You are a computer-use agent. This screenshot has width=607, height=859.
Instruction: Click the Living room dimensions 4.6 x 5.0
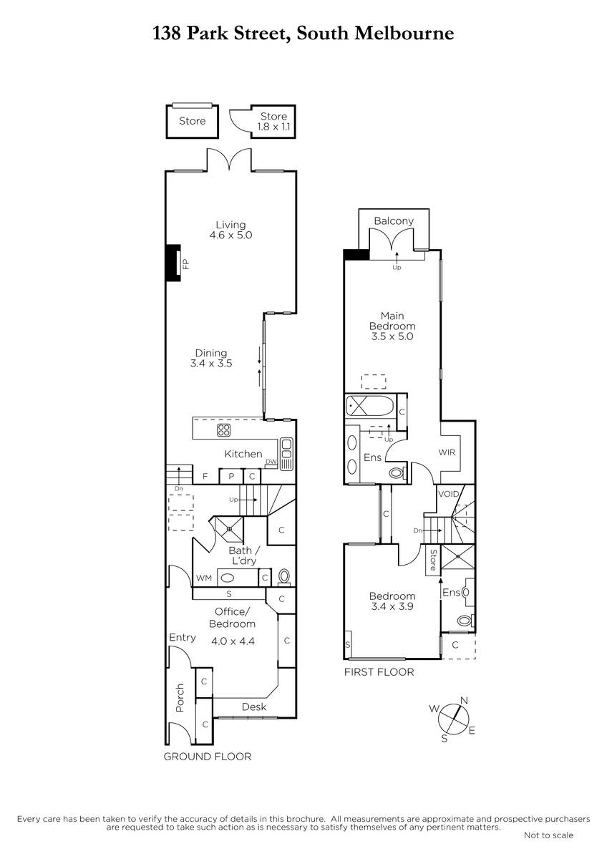230,235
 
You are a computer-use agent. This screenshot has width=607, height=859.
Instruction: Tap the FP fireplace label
186,264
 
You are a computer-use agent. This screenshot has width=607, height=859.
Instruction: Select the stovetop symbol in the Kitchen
223,430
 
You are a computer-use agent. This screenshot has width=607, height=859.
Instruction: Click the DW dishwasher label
271,461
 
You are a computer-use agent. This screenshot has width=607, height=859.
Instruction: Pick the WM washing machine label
203,578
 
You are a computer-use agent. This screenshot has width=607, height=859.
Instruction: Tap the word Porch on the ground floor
180,697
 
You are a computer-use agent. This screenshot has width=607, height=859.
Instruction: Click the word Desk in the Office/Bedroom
254,707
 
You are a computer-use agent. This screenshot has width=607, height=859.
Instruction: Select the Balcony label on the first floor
394,221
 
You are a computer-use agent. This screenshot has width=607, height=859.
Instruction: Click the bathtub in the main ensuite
369,406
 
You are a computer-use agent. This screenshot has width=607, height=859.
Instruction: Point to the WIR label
447,452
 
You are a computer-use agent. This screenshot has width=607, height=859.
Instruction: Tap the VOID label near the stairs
448,494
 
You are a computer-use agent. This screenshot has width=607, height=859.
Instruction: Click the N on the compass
464,700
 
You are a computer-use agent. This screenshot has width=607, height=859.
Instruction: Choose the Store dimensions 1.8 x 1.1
273,127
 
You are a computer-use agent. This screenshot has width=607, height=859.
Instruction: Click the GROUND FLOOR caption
208,756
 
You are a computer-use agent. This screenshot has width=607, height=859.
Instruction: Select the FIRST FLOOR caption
379,672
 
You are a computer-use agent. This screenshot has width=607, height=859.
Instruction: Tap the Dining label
211,353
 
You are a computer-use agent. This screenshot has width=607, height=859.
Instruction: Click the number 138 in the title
167,34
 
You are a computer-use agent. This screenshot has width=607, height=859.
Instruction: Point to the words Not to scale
548,835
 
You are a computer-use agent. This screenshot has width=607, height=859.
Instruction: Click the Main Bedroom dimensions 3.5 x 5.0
392,336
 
